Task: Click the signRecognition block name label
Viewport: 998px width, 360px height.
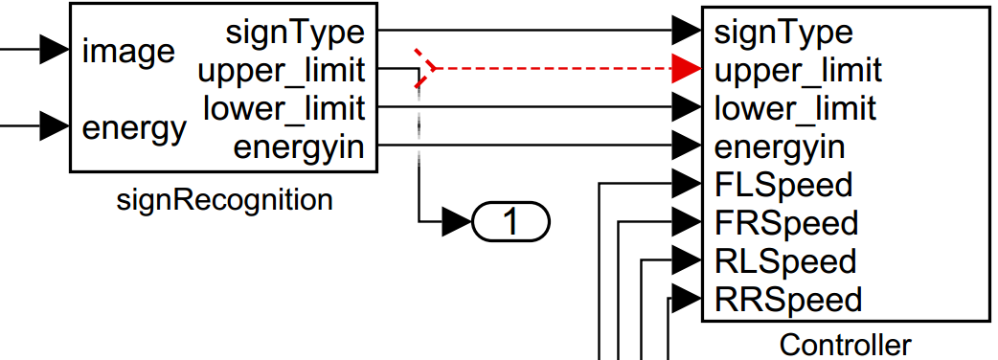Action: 224,200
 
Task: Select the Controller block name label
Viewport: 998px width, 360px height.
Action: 846,344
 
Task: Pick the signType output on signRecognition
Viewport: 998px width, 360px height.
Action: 295,32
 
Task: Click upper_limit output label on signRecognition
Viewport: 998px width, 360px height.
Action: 281,70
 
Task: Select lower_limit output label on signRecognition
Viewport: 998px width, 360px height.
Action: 284,108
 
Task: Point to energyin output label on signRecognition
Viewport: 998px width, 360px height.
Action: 299,147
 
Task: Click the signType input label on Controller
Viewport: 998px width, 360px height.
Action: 783,32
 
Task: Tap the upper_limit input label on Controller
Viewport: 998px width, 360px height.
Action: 798,70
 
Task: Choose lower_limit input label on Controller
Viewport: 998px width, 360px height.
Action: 795,108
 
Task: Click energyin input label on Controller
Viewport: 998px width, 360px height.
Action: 780,147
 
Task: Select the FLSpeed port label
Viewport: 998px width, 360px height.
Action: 783,184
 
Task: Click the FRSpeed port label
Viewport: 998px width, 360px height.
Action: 786,222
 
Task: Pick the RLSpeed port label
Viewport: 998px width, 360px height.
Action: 785,260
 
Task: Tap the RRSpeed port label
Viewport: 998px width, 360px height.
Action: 788,299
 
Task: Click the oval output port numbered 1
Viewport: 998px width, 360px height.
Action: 510,222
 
